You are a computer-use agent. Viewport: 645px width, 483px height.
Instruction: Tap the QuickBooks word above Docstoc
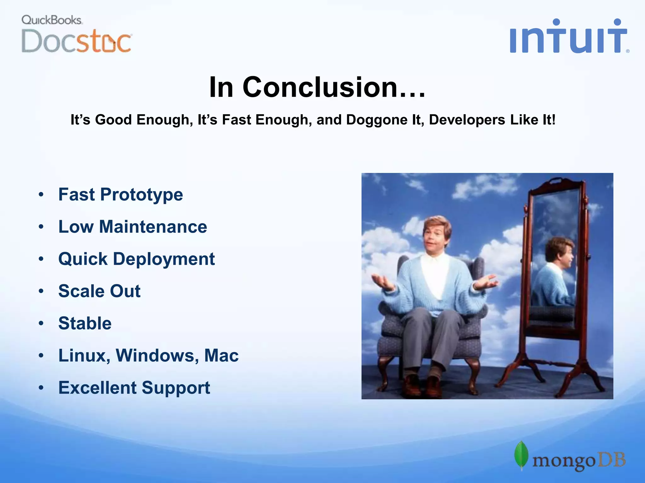52,20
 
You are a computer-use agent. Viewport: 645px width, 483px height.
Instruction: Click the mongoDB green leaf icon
521,455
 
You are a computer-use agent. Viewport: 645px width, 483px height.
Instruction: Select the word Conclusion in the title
334,87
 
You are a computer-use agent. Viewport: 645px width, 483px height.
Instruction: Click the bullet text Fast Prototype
121,195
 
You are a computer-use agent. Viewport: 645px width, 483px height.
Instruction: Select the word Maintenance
153,227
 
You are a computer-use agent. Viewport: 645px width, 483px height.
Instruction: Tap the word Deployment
164,259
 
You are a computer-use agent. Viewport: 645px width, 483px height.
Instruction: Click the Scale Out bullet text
99,291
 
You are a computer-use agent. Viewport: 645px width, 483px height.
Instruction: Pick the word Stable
85,323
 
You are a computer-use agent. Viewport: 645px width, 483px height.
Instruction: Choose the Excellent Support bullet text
134,388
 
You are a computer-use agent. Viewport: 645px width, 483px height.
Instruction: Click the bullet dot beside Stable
41,323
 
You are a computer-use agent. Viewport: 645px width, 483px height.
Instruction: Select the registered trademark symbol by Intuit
628,51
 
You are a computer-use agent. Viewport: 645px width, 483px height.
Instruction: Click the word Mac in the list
221,356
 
